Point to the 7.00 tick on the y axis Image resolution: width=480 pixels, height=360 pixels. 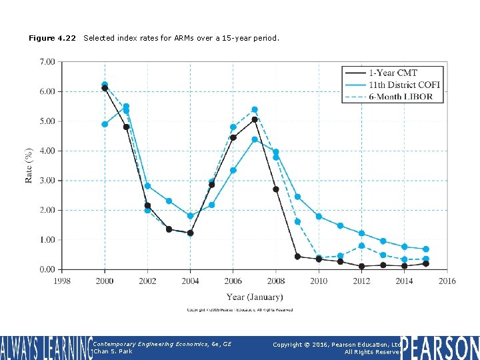coord(47,62)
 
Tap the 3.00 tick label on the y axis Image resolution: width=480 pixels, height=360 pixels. coord(47,181)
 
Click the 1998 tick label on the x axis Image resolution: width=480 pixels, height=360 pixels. coord(62,281)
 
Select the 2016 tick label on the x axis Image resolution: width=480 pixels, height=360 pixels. coord(447,281)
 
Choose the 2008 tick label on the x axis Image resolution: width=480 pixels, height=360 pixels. coord(276,281)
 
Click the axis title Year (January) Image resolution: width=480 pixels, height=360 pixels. coord(255,297)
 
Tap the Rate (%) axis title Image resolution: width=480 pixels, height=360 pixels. coord(29,165)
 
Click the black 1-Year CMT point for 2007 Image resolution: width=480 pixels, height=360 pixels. coord(255,120)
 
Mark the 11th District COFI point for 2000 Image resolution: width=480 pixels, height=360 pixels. coord(105,124)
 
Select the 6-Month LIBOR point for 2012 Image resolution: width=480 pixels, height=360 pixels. coord(361,246)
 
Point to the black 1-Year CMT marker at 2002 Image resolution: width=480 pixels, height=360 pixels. coord(147,206)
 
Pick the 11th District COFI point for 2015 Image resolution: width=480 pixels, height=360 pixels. coord(426,249)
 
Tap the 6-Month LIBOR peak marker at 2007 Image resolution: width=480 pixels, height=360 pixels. coord(255,109)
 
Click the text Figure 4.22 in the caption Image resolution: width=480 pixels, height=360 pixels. coord(52,38)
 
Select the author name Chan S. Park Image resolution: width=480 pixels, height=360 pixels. coord(113,351)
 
